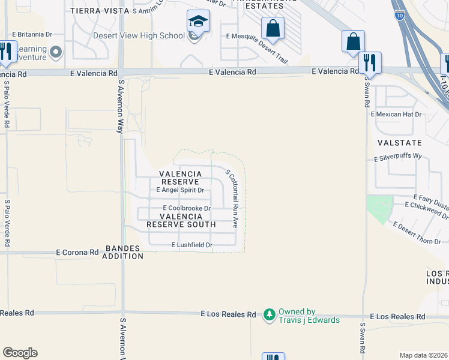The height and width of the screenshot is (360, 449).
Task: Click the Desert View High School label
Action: pos(139,35)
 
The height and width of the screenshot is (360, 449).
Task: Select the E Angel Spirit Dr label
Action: pos(180,190)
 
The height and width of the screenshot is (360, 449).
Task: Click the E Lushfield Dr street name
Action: pos(192,245)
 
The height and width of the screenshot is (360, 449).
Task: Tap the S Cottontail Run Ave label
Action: pos(232,197)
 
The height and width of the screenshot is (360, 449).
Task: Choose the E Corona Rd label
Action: pos(77,253)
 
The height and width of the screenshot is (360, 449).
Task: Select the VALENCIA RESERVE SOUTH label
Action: pos(181,220)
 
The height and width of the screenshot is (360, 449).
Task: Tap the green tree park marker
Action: pos(270,314)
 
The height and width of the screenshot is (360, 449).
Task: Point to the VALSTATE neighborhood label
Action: pos(400,143)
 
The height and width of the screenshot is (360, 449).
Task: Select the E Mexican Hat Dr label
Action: pos(397,114)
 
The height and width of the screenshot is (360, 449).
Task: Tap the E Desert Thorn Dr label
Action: pos(420,233)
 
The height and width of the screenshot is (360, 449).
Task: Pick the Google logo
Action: pos(20,353)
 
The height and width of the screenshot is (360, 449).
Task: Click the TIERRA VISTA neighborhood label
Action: pos(100,11)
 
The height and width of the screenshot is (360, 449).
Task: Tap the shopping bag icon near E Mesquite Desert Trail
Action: pos(273,28)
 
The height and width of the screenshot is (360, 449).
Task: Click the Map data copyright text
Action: pos(424,355)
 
